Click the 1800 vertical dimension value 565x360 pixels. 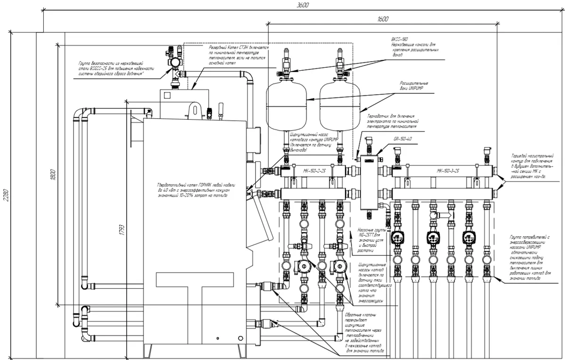53,173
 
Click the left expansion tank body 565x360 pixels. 286,106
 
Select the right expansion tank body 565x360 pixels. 339,106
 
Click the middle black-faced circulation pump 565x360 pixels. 433,237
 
